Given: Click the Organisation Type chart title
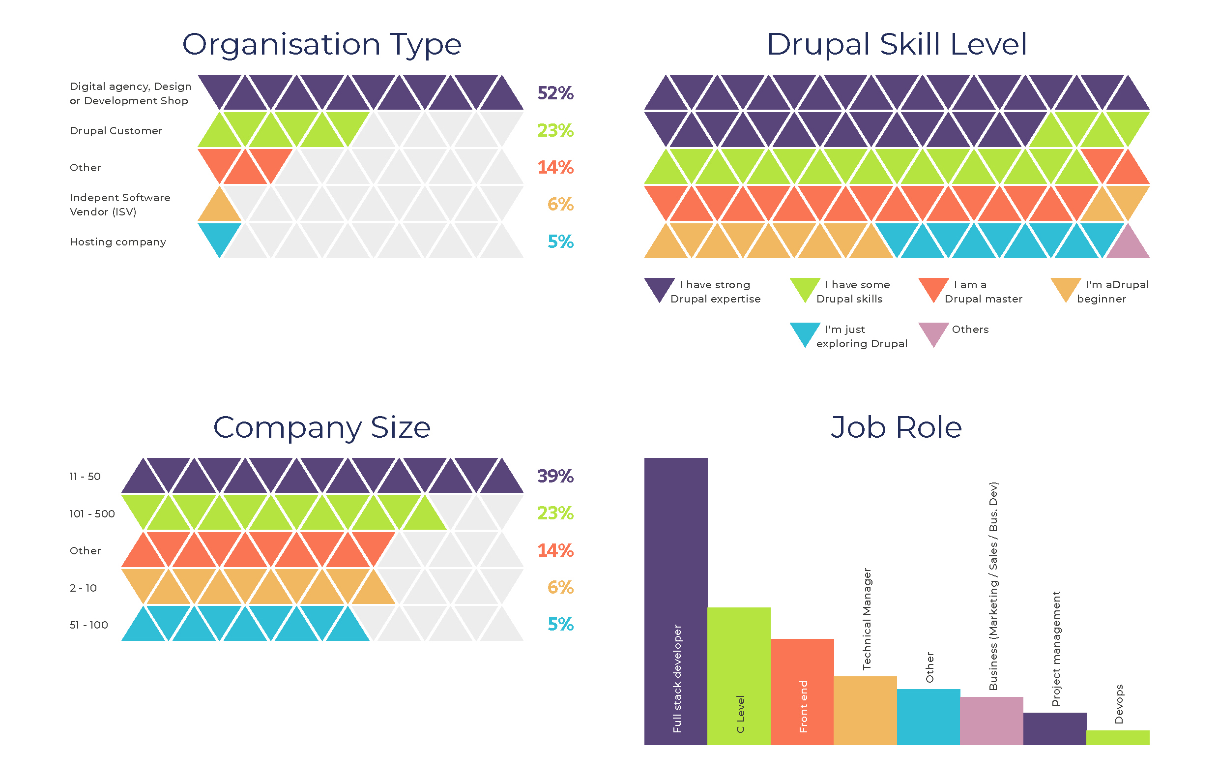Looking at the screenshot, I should tap(321, 44).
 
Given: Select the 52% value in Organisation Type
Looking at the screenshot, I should tap(555, 93).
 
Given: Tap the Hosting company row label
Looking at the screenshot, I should tap(118, 242).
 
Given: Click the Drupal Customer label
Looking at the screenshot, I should tap(116, 131).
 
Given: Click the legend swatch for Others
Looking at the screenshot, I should tap(933, 332).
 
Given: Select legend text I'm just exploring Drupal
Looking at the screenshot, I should tap(861, 336).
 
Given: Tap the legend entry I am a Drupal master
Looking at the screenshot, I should tap(983, 292).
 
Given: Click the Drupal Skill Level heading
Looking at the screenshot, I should tap(897, 44).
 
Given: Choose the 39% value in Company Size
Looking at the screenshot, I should tap(555, 476).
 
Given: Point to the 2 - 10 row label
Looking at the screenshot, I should tap(84, 588).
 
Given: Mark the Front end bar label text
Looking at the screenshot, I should tap(803, 706).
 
